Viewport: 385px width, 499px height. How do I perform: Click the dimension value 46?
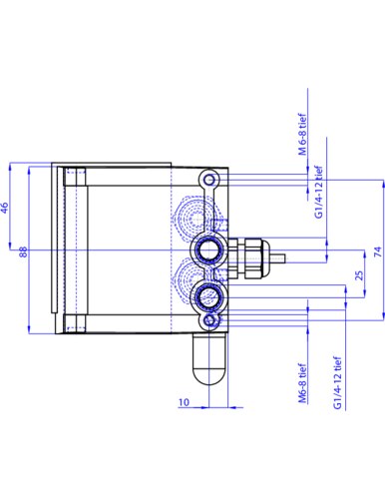[5, 208]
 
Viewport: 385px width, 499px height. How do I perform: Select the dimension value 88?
[23, 251]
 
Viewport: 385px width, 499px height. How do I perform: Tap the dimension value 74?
[378, 251]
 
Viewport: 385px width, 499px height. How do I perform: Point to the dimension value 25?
[359, 275]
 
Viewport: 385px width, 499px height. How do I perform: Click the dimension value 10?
[184, 402]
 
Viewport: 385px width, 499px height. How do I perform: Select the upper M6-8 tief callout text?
[302, 135]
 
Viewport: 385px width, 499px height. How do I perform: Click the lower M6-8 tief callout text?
[302, 383]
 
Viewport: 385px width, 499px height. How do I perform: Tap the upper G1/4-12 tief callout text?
[319, 192]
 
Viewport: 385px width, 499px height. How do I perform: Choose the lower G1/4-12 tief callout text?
[337, 382]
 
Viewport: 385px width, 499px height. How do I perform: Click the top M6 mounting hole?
[209, 180]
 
